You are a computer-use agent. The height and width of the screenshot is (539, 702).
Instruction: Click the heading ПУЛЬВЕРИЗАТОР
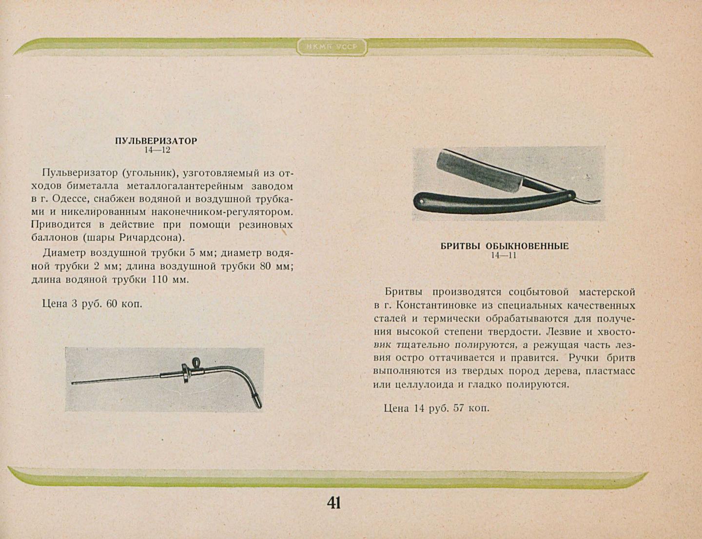tap(156, 141)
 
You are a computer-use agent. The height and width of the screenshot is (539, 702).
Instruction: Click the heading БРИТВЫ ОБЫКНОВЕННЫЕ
tap(505, 246)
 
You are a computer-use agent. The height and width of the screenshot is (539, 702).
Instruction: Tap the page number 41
tap(333, 502)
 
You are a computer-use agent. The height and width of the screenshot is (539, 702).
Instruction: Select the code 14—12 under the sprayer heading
tap(157, 150)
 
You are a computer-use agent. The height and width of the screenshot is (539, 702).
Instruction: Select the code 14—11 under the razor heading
tap(504, 256)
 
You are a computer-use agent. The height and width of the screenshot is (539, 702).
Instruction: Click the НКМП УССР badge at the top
tap(331, 47)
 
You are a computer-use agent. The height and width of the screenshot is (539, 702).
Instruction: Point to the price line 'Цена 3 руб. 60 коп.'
tap(92, 304)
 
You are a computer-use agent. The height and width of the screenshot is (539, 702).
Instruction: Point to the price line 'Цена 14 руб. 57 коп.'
tap(436, 408)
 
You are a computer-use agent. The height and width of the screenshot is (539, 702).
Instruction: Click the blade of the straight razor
tap(480, 171)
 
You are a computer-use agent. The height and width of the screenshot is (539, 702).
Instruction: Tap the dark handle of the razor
tap(487, 201)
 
